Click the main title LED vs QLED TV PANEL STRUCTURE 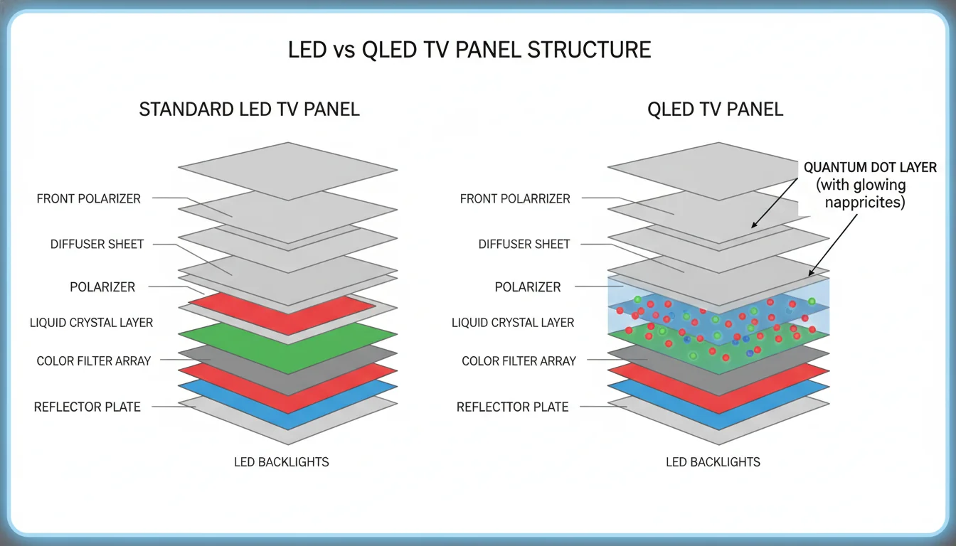click(x=469, y=50)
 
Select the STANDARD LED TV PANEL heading click(x=249, y=109)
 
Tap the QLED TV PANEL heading click(x=716, y=109)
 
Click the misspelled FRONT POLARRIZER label click(x=515, y=199)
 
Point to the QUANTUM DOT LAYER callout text click(x=870, y=168)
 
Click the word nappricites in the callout click(x=865, y=203)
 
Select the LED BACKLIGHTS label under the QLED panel click(x=713, y=462)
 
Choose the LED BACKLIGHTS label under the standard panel click(x=282, y=462)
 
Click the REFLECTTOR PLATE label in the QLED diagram click(x=512, y=407)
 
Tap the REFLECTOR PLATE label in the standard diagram click(x=87, y=407)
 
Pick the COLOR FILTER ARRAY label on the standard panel click(x=94, y=361)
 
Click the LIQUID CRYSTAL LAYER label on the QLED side click(x=513, y=323)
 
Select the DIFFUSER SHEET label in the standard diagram click(x=97, y=245)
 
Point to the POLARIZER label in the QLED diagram click(x=528, y=287)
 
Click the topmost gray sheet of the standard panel click(x=287, y=169)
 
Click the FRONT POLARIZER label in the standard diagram click(x=89, y=199)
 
